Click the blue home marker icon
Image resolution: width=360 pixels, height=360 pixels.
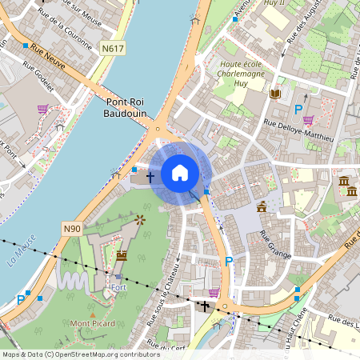click(x=180, y=173)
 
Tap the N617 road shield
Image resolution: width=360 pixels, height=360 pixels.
click(x=113, y=49)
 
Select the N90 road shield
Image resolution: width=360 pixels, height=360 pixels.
click(x=72, y=229)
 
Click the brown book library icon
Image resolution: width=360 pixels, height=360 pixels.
click(x=276, y=94)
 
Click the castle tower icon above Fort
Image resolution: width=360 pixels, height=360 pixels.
click(x=122, y=255)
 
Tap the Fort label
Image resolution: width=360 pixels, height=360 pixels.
click(x=119, y=287)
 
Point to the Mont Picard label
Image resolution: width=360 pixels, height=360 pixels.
click(x=93, y=324)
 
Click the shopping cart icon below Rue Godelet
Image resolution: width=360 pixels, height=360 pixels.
click(x=42, y=110)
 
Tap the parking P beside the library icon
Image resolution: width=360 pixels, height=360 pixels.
click(x=299, y=110)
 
